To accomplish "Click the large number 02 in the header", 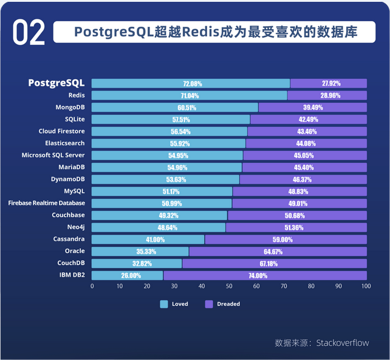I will pyautogui.click(x=29, y=33).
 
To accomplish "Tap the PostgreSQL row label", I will pyautogui.click(x=56, y=83).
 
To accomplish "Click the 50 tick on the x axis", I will pyautogui.click(x=230, y=285).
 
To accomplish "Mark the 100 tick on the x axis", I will pyautogui.click(x=367, y=285).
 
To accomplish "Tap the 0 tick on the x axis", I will pyautogui.click(x=92, y=285).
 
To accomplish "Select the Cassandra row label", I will pyautogui.click(x=69, y=239).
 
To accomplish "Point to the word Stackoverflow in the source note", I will pyautogui.click(x=342, y=343).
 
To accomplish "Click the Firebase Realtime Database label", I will pyautogui.click(x=47, y=203).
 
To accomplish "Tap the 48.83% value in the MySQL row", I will pyautogui.click(x=299, y=192).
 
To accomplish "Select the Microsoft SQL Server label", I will pyautogui.click(x=53, y=155).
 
